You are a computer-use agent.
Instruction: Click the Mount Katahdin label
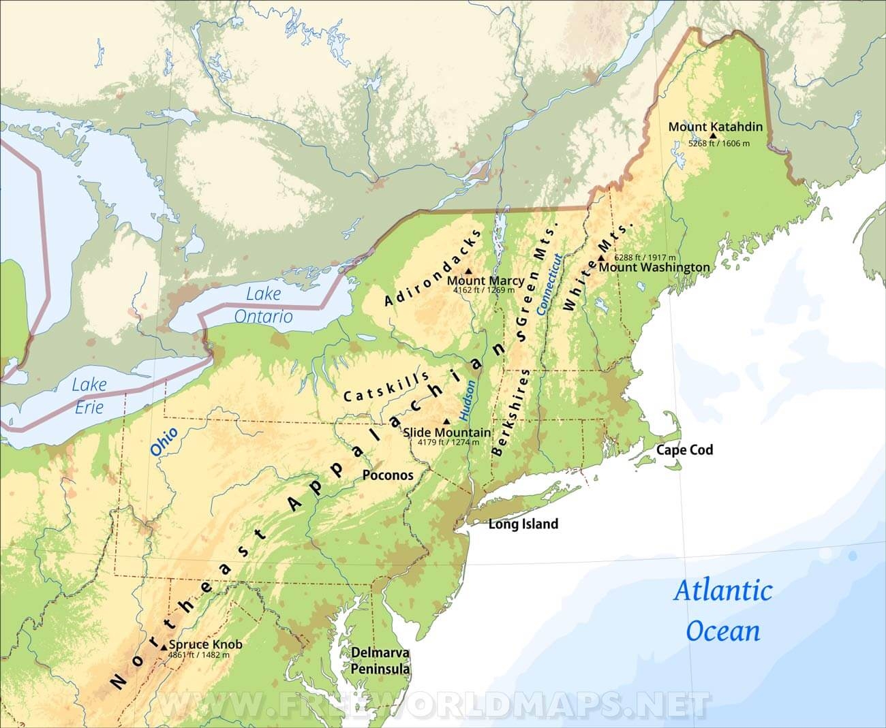point(715,127)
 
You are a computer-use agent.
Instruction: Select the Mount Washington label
point(654,267)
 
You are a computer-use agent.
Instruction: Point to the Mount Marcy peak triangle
point(468,271)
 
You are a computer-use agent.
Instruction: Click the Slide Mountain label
point(446,432)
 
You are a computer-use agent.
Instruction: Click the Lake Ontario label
point(263,305)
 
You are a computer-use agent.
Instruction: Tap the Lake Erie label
point(89,396)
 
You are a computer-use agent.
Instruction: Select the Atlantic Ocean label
point(723,610)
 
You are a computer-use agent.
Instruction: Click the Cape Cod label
point(684,449)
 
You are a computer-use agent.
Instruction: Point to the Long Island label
point(523,524)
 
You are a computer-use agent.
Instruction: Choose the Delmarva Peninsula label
point(380,661)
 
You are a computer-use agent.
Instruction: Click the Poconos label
point(388,475)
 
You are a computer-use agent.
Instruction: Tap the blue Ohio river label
point(164,441)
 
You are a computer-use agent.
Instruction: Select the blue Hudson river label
point(468,399)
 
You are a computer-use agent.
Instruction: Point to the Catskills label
point(386,387)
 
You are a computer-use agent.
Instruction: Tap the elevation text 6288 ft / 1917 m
point(645,257)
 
